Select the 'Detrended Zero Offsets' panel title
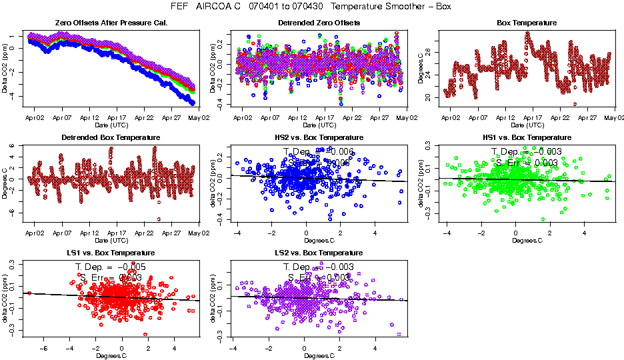point(319,23)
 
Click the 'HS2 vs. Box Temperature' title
point(319,138)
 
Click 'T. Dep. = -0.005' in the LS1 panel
point(111,266)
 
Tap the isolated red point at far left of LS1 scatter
point(29,293)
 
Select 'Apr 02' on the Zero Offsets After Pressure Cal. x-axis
point(35,117)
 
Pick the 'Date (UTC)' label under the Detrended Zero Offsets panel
point(318,125)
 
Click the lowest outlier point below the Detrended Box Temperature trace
point(159,219)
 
